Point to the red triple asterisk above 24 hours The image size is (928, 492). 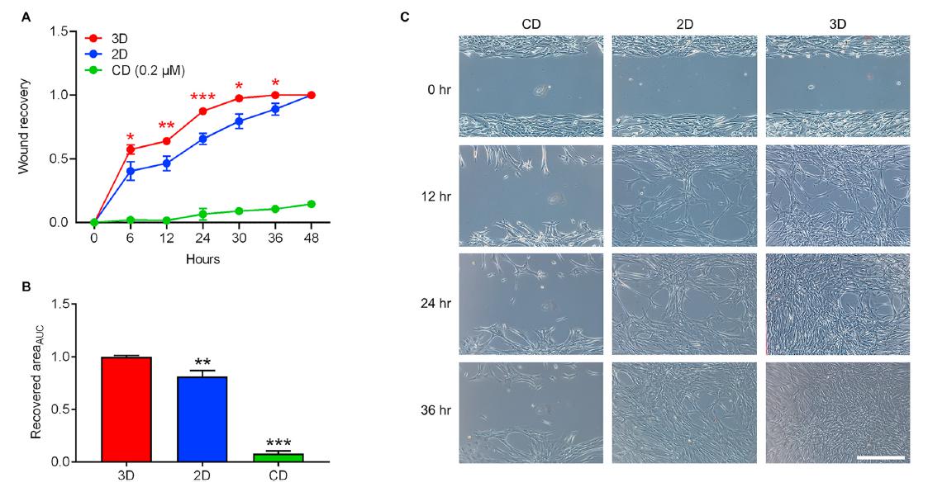(x=202, y=97)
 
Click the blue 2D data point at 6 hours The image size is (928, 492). (x=131, y=171)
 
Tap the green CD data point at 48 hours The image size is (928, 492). (x=311, y=204)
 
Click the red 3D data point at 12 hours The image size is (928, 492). (x=166, y=141)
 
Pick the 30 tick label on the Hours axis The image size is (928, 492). (x=239, y=238)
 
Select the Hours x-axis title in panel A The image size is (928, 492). (x=202, y=258)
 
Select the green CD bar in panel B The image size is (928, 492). (x=278, y=457)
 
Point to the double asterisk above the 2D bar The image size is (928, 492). (x=202, y=361)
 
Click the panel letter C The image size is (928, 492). (x=427, y=16)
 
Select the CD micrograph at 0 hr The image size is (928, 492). (x=531, y=86)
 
